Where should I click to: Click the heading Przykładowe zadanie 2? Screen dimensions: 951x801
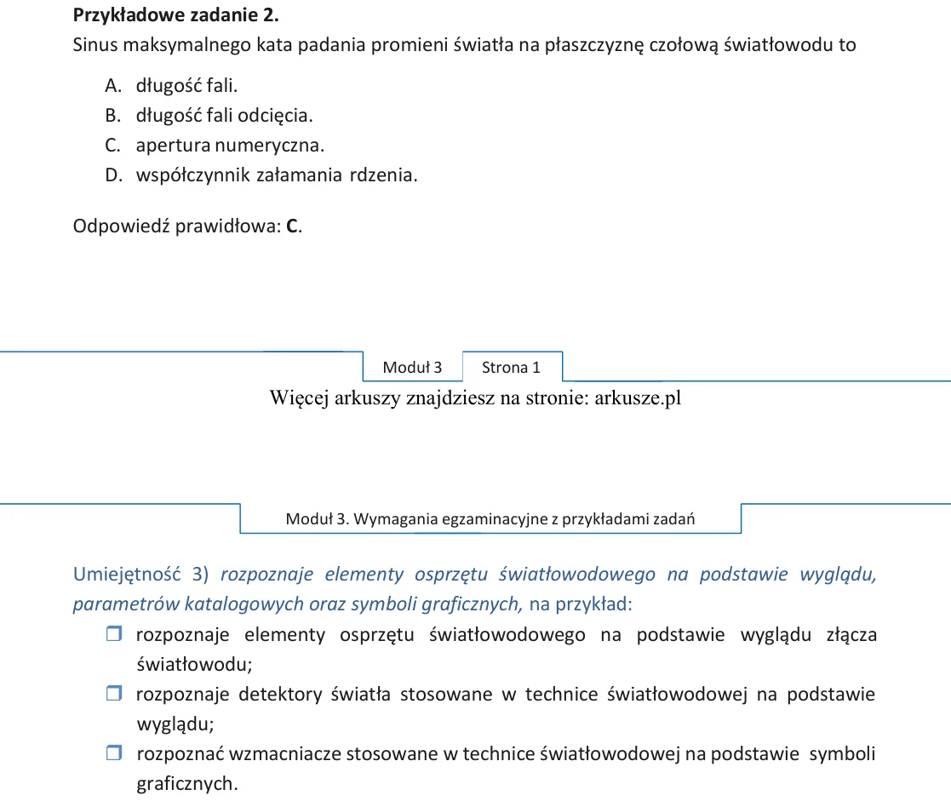pyautogui.click(x=176, y=15)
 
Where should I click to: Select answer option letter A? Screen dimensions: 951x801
pyautogui.click(x=113, y=85)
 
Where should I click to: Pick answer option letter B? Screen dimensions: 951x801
pyautogui.click(x=112, y=115)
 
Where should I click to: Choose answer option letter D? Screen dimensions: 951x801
pyautogui.click(x=113, y=175)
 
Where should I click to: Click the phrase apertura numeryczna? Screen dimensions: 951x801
pyautogui.click(x=231, y=146)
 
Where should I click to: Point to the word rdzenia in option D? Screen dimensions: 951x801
pyautogui.click(x=384, y=175)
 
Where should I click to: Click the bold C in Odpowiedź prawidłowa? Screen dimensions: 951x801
pyautogui.click(x=292, y=226)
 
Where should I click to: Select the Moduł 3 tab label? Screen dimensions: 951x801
pyautogui.click(x=412, y=368)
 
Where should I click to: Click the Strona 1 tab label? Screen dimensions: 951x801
pyautogui.click(x=511, y=368)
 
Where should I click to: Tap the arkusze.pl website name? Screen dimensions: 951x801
pyautogui.click(x=638, y=398)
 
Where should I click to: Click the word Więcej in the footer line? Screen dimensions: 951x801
pyautogui.click(x=300, y=398)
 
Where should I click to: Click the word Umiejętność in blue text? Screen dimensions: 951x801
pyautogui.click(x=127, y=575)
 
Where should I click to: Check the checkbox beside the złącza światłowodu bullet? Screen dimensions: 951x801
pyautogui.click(x=114, y=633)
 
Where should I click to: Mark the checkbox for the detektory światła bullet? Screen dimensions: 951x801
pyautogui.click(x=114, y=693)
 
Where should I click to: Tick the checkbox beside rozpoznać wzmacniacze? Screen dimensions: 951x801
pyautogui.click(x=114, y=752)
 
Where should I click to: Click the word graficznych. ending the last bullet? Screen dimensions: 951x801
pyautogui.click(x=186, y=784)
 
